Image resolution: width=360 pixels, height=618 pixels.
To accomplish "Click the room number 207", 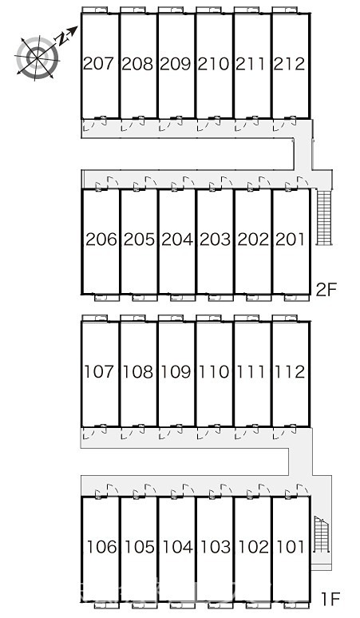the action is tap(98, 63).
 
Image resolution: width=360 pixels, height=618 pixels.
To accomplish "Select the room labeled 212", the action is tap(289, 63).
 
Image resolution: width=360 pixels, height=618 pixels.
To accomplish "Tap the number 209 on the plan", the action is tap(175, 63).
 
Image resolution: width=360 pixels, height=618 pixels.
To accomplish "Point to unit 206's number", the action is tap(101, 240).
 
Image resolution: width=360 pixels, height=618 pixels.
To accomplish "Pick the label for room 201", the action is tap(291, 240).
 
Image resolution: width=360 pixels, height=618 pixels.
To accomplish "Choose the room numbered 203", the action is tap(215, 240).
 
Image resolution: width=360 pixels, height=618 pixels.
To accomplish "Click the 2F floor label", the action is tap(326, 290).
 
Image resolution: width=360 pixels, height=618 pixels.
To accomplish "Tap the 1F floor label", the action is tap(330, 600).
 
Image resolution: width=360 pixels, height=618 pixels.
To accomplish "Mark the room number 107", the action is tap(99, 371).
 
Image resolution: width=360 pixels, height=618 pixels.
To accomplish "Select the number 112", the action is tap(290, 371).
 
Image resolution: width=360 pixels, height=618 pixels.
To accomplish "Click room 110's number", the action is tap(213, 371).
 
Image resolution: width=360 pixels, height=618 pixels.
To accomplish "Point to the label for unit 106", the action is tap(102, 547).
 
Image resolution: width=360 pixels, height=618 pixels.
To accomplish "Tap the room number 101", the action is tap(291, 547).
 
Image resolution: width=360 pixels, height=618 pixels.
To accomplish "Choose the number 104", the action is tap(178, 547).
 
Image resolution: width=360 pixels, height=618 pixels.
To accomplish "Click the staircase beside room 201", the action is tap(325, 217).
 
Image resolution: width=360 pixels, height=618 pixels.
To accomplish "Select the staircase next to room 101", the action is tap(322, 534).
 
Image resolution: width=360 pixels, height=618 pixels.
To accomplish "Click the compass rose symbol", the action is tap(37, 58).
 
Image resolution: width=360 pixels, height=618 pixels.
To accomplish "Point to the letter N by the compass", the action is tap(61, 38).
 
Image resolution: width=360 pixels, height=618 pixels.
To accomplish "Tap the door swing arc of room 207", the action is tap(87, 125).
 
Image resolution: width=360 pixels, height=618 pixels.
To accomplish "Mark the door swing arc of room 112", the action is tap(278, 434).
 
